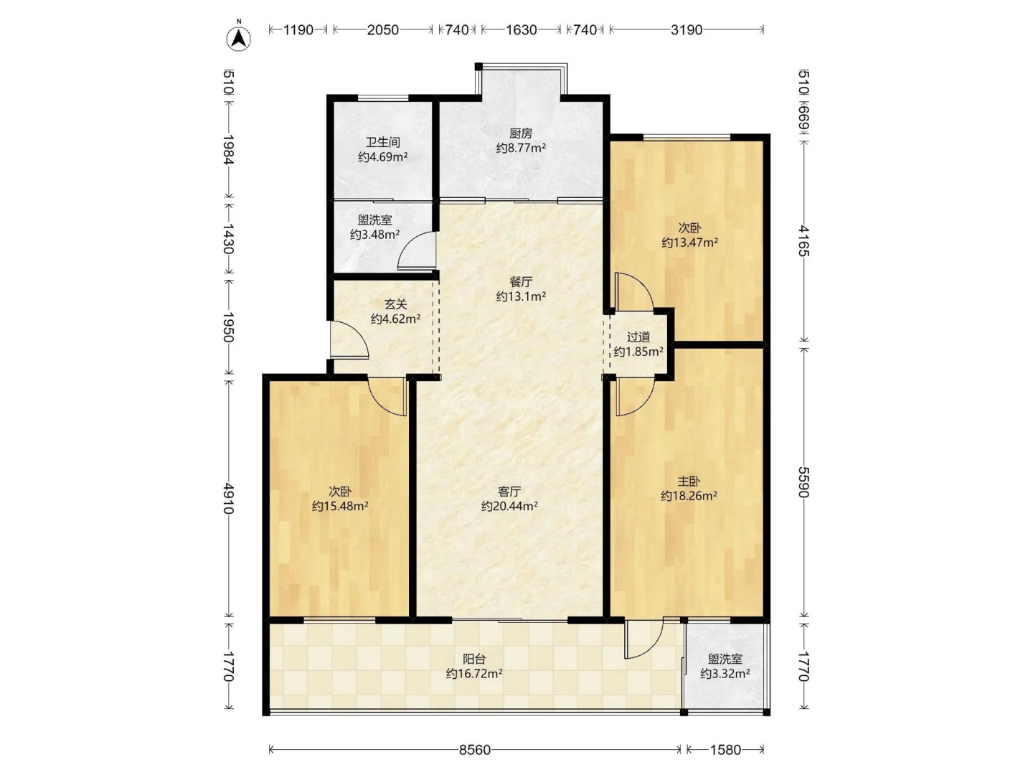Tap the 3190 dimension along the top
coord(687,30)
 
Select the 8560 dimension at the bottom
coord(474,749)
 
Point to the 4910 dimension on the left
coord(228,498)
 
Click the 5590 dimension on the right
coord(803,482)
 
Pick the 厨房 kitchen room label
coord(521,133)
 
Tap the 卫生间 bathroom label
coord(382,142)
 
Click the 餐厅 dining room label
coord(521,282)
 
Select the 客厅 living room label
coord(509,492)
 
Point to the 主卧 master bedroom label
coord(689,482)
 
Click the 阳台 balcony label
coord(474,659)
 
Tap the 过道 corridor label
coord(638,337)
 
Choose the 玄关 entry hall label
coord(395,304)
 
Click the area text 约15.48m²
coord(340,507)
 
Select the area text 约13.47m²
coord(689,243)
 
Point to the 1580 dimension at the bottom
coord(725,749)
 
